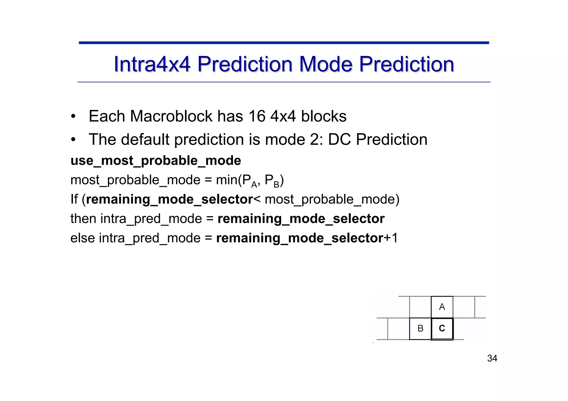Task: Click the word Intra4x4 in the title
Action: click(x=152, y=64)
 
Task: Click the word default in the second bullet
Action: click(x=145, y=139)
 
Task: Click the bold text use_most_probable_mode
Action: click(x=156, y=161)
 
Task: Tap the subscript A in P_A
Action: click(x=254, y=184)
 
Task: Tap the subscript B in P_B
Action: click(x=276, y=184)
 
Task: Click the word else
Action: click(x=83, y=238)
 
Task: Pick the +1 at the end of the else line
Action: click(x=391, y=238)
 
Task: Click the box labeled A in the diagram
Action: click(x=442, y=307)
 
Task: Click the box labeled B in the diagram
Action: click(x=420, y=328)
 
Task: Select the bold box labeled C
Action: click(x=442, y=328)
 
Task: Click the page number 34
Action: click(x=492, y=358)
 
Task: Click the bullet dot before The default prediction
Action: click(x=73, y=139)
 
